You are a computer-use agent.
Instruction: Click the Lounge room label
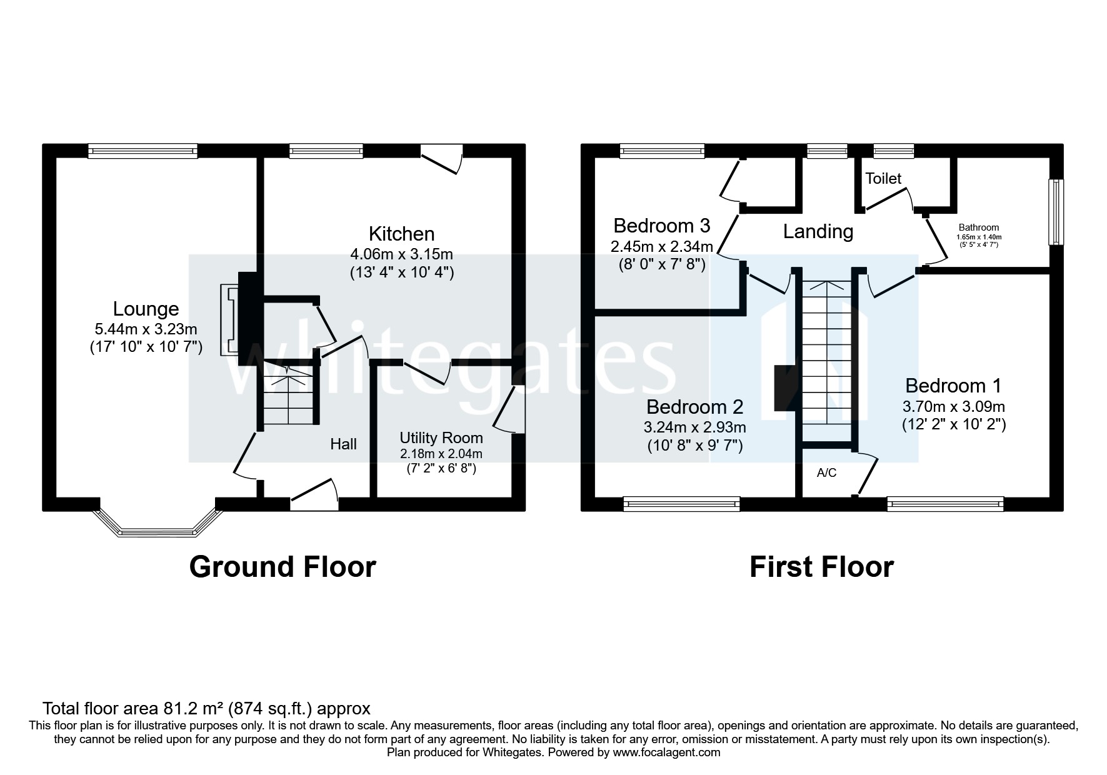[146, 309]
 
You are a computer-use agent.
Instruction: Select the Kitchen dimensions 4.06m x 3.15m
[401, 254]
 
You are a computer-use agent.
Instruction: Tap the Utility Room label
[441, 438]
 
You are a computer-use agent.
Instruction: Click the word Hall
[343, 444]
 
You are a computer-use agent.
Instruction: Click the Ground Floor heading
[283, 567]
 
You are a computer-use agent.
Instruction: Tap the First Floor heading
[821, 567]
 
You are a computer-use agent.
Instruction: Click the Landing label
[818, 232]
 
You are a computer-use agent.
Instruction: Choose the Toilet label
[883, 179]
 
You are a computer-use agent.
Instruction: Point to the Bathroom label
[978, 227]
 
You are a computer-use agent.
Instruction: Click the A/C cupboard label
[826, 473]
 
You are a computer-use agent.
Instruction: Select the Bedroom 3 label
[661, 225]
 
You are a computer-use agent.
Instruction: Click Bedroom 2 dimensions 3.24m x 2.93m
[694, 427]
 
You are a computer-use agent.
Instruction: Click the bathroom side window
[1056, 212]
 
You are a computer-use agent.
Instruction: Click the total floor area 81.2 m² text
[206, 709]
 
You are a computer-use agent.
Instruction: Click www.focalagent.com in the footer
[666, 752]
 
